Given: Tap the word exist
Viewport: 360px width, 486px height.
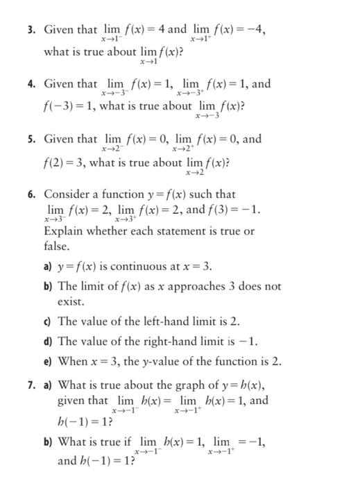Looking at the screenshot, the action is click(71, 302).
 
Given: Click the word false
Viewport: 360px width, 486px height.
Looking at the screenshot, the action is click(57, 246).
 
